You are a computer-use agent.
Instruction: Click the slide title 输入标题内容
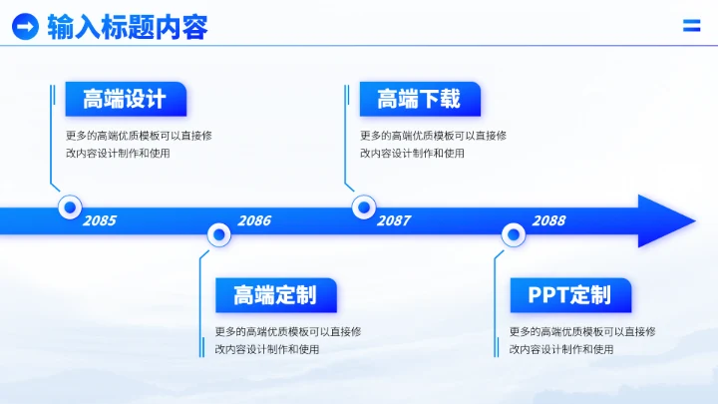tap(128, 27)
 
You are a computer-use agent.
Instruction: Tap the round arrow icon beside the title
tap(25, 27)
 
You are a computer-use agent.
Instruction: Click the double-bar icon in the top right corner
tap(691, 26)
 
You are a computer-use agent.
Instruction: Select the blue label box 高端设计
tap(126, 99)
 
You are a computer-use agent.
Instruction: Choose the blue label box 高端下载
tap(420, 99)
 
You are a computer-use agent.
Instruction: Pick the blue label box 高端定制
tap(276, 295)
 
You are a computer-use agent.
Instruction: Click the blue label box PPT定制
tap(570, 295)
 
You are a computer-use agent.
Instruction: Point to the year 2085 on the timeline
tap(99, 220)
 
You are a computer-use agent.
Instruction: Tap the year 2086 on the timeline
tap(254, 220)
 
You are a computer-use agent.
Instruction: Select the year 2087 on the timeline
tap(393, 220)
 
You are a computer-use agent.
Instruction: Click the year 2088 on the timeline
tap(548, 220)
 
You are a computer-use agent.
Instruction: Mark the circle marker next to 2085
tap(70, 207)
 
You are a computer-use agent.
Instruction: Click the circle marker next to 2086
tap(218, 235)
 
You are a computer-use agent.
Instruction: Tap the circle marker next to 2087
tap(364, 207)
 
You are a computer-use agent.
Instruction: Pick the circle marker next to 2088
tap(513, 235)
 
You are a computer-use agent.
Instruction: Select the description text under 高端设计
tap(139, 145)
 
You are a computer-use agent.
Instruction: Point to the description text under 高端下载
tap(433, 145)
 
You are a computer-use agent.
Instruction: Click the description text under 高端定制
tap(288, 340)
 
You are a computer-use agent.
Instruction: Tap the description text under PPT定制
tap(582, 340)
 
